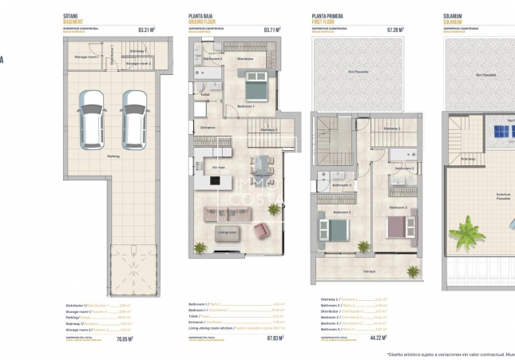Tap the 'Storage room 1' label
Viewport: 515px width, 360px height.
(x=86, y=57)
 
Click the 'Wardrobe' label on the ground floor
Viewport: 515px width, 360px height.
(x=246, y=59)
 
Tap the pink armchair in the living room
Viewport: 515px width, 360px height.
(x=262, y=231)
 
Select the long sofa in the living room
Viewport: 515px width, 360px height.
(x=227, y=213)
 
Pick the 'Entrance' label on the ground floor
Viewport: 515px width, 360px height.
(x=208, y=127)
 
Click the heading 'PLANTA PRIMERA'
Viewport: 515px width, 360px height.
(x=327, y=16)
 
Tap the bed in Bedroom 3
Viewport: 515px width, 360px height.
(x=337, y=230)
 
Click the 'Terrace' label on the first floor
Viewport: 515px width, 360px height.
(x=369, y=271)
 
